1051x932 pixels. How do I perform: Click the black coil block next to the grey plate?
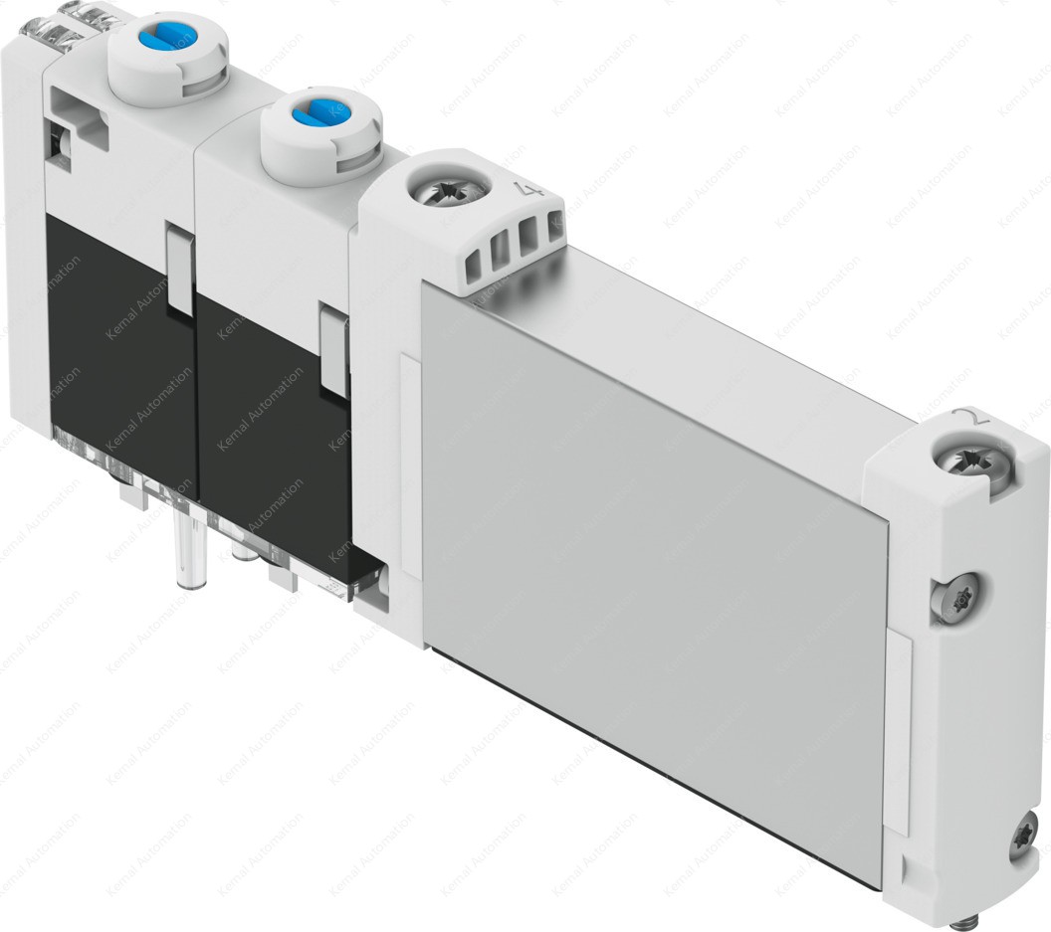274,418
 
